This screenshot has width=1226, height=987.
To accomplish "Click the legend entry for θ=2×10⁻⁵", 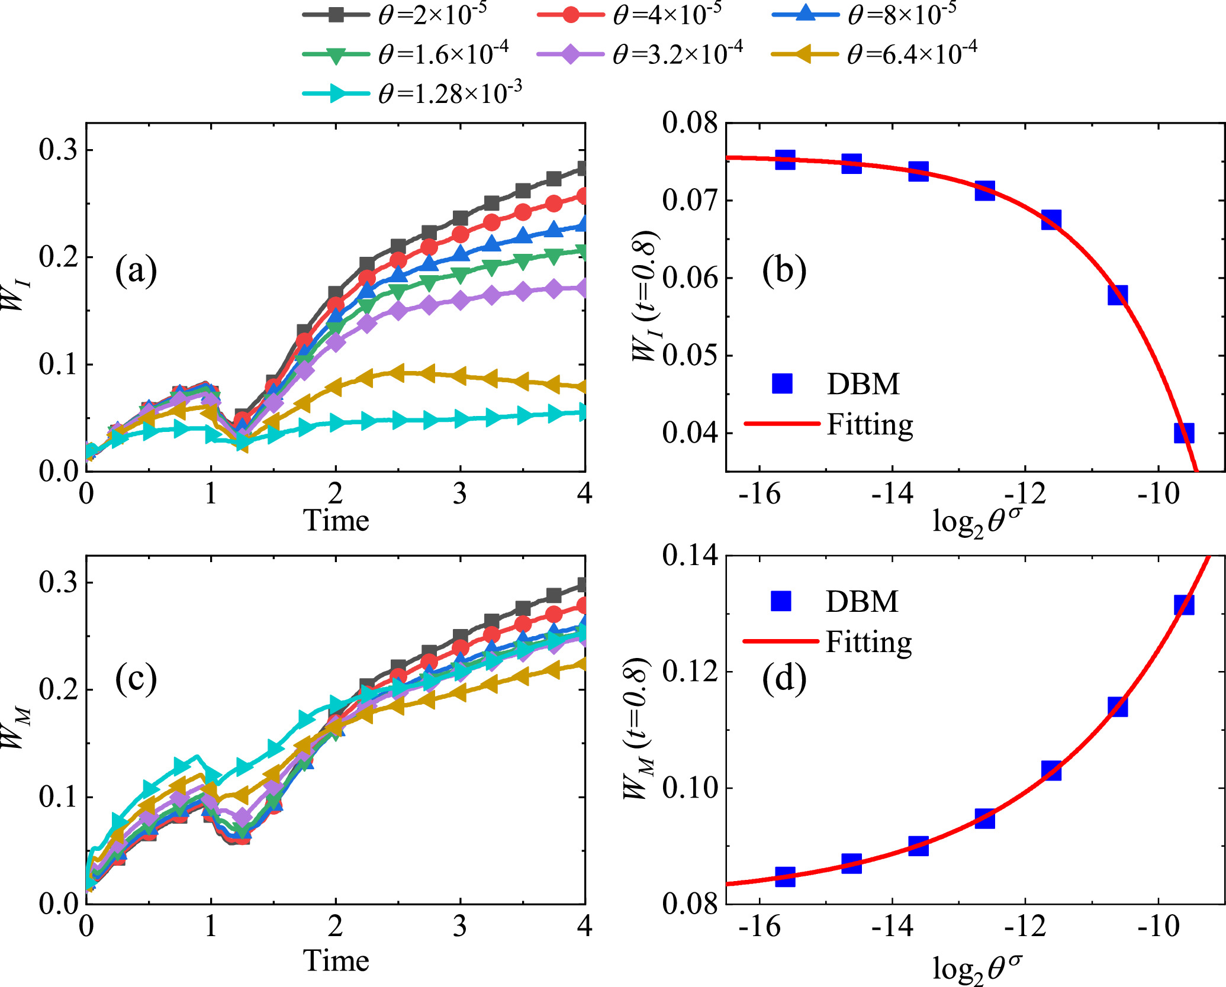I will click(395, 14).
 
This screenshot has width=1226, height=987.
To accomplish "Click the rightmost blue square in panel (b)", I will click(1183, 433).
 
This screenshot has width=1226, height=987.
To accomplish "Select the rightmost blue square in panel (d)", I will click(1183, 605).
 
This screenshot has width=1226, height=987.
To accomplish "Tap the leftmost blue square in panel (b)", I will click(785, 160).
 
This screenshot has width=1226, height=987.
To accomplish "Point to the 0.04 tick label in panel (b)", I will click(690, 433).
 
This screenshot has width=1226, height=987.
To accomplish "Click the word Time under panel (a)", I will click(336, 521).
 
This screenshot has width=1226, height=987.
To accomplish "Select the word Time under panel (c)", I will click(336, 960).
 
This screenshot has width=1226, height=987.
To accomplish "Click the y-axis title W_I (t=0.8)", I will click(645, 296).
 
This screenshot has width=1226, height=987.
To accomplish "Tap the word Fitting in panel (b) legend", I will click(870, 424).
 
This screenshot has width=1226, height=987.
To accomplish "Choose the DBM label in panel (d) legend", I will click(862, 602).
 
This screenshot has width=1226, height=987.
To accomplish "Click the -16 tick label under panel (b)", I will click(760, 493).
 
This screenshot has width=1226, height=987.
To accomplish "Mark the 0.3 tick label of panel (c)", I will click(58, 583).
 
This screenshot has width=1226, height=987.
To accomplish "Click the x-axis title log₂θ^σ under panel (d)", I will click(977, 968).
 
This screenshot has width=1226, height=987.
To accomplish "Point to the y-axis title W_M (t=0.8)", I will click(638, 728).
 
